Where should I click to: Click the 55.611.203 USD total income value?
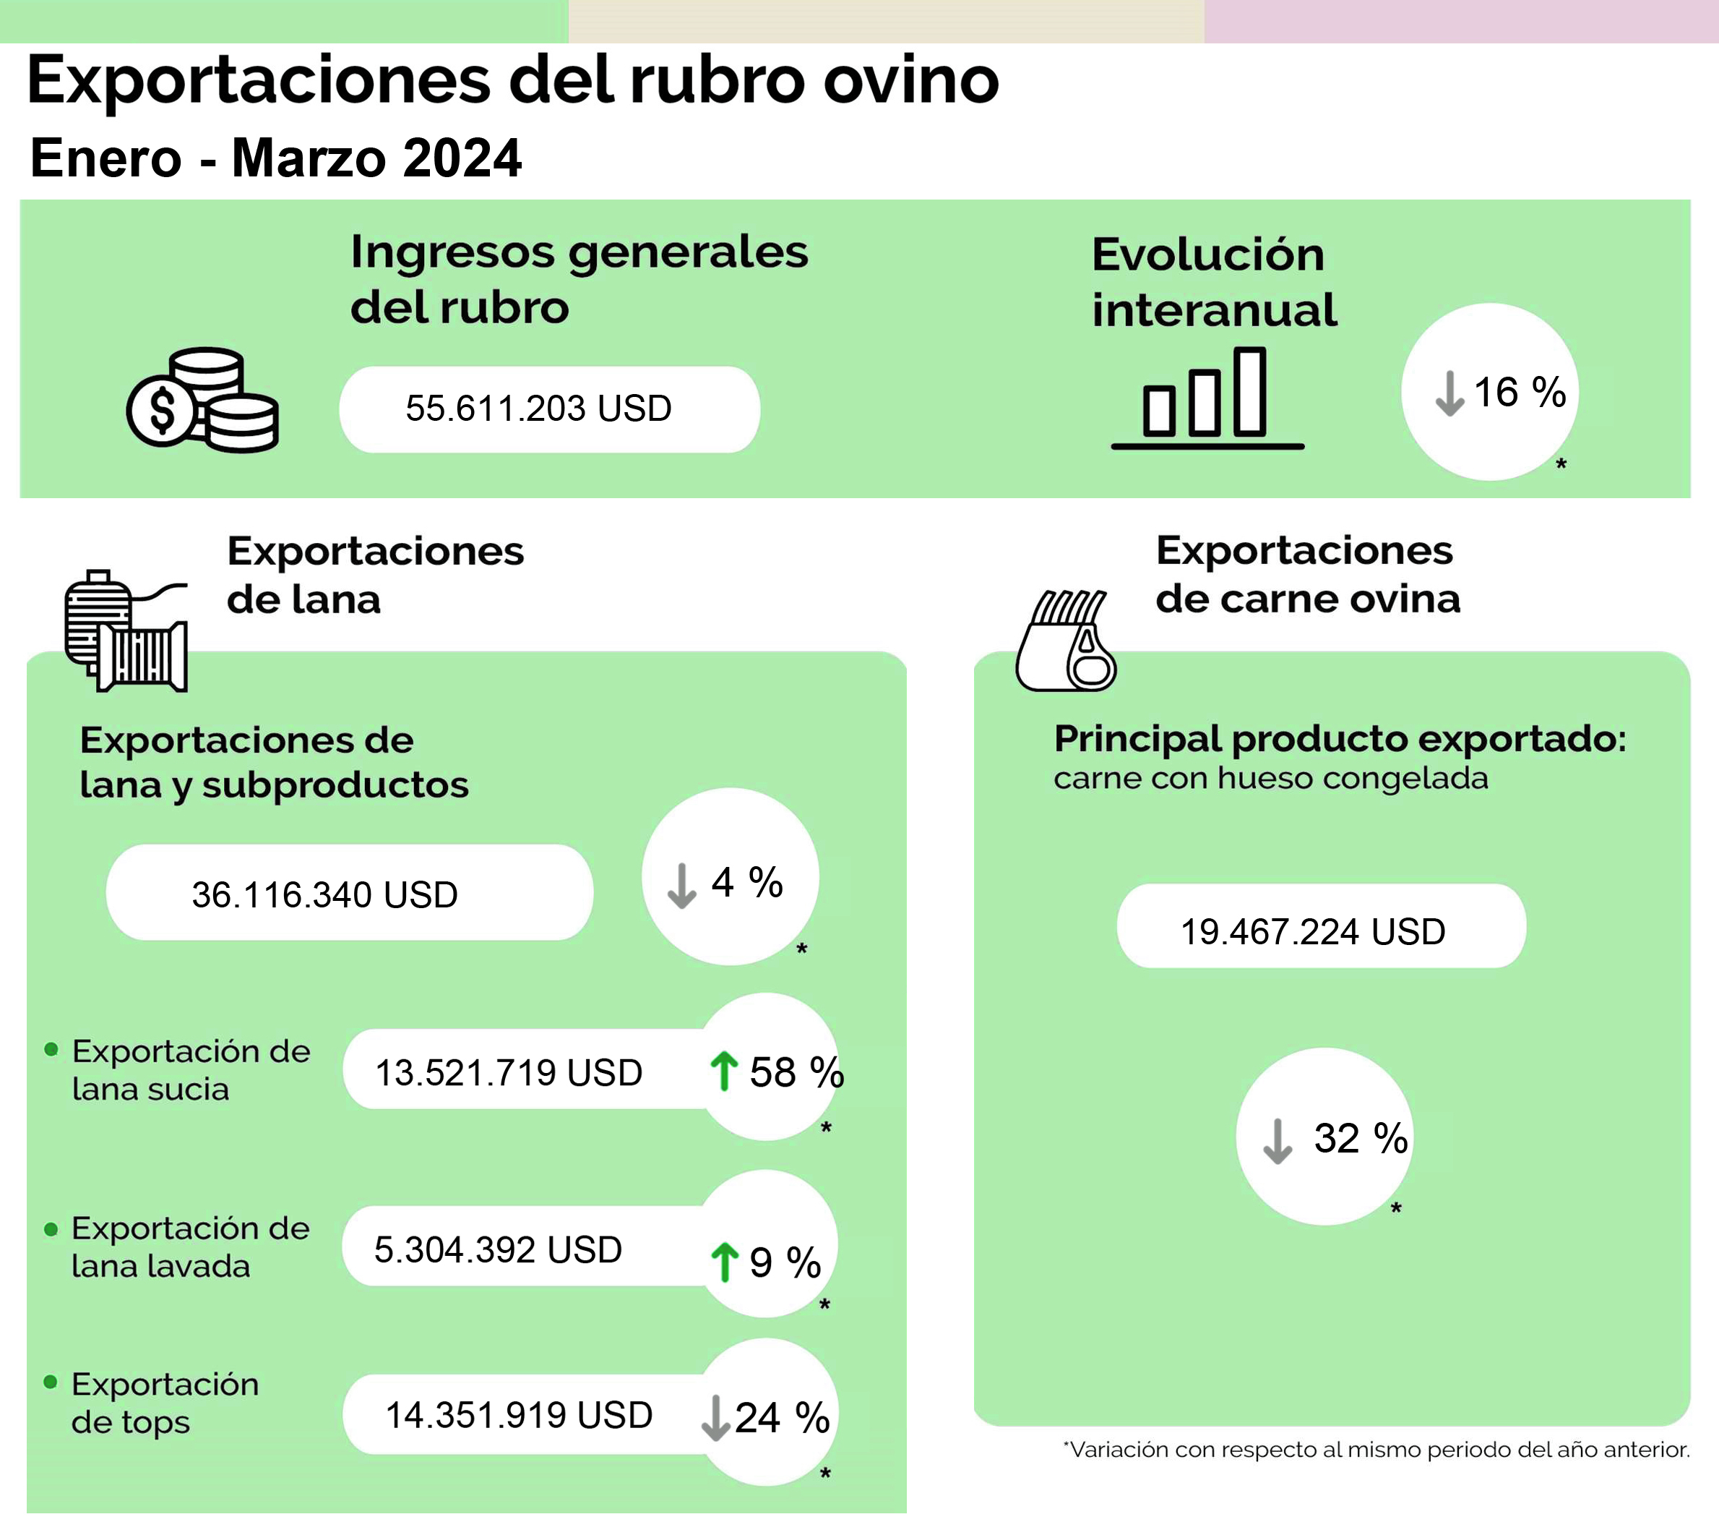[x=538, y=409]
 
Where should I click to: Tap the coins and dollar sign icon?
[x=202, y=401]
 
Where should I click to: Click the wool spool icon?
[x=126, y=631]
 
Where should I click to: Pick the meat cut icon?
[x=1067, y=641]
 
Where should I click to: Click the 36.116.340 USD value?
[x=324, y=894]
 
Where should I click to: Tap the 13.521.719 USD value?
[x=508, y=1073]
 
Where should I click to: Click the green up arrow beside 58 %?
[x=723, y=1071]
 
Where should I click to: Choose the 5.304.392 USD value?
[x=498, y=1249]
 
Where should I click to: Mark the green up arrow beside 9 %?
[x=724, y=1262]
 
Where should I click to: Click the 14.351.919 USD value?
[x=519, y=1415]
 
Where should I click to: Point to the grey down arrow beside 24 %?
[x=715, y=1418]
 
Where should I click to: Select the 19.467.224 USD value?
[x=1313, y=931]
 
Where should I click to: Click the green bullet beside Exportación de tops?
[x=51, y=1382]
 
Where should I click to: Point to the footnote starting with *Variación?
[x=1376, y=1450]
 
